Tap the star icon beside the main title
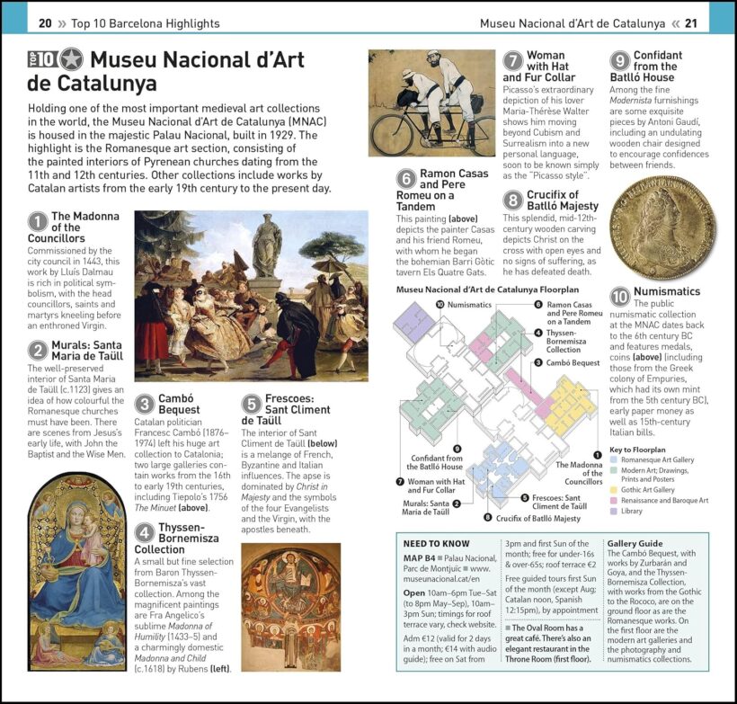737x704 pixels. point(71,60)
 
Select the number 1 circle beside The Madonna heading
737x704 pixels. point(37,221)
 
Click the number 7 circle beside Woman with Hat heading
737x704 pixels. point(512,61)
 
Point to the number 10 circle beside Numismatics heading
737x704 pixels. point(620,297)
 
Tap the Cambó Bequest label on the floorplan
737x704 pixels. point(573,362)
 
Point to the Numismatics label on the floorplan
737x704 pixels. point(469,306)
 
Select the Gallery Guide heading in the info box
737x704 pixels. point(635,544)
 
